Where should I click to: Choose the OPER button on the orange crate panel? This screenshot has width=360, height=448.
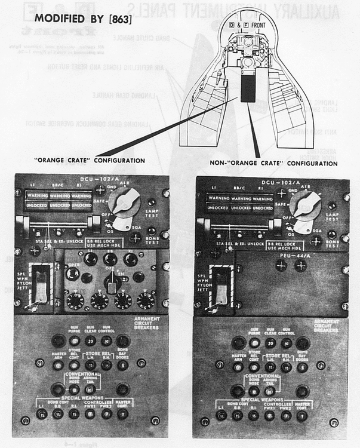click(72, 274)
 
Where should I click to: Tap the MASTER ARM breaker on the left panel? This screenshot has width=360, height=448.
click(59, 364)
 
